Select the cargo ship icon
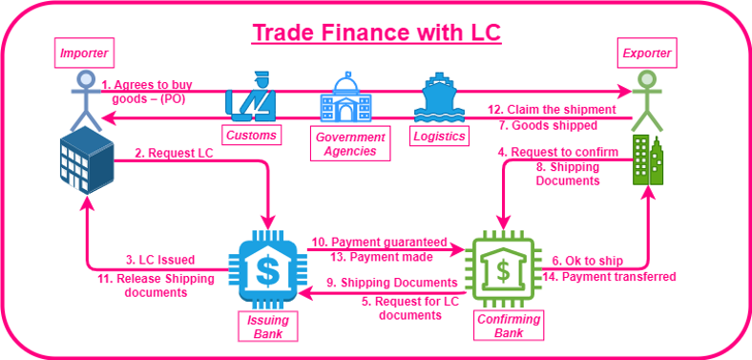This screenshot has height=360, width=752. click(x=439, y=98)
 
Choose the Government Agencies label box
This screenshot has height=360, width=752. click(x=350, y=143)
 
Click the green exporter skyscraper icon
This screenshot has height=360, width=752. click(x=648, y=159)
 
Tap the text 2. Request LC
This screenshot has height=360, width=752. click(x=174, y=153)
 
